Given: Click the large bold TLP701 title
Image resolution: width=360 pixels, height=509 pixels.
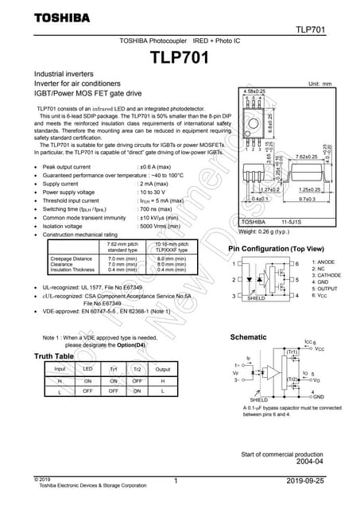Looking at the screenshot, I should click(x=180, y=58).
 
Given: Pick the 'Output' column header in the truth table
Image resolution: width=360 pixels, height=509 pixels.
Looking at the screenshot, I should click(x=163, y=370).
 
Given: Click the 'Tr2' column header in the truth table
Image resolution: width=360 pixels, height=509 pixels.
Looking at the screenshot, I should click(x=137, y=370).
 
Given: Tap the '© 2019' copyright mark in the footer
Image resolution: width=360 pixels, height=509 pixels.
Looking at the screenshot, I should click(x=42, y=479).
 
